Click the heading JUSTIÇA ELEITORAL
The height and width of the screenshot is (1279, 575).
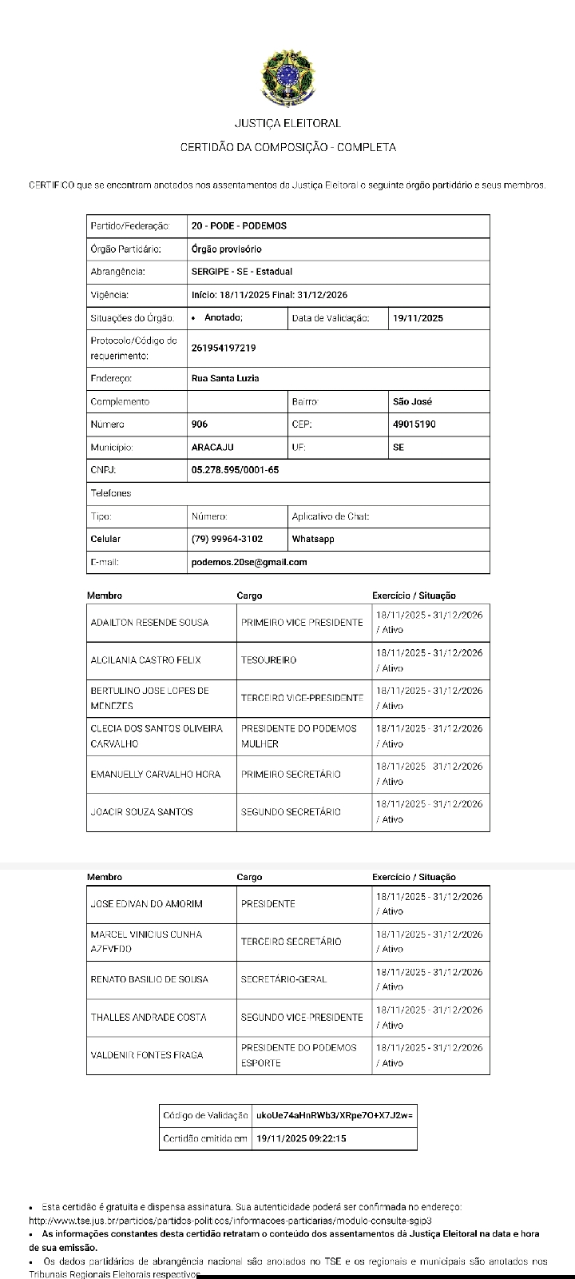[x=287, y=123]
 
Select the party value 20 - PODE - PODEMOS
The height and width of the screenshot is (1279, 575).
[x=239, y=226]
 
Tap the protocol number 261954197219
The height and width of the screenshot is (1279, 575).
[x=224, y=348]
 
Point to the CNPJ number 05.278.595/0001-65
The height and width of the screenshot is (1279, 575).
[x=235, y=470]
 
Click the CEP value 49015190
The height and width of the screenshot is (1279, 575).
[x=414, y=424]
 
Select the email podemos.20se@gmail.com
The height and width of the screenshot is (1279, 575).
[x=249, y=562]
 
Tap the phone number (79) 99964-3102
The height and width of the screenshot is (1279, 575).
[x=227, y=539]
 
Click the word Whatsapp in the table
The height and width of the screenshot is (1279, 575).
[x=313, y=539]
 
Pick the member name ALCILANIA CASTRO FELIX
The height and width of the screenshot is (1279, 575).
[x=145, y=660]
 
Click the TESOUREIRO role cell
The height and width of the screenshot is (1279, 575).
[x=268, y=660]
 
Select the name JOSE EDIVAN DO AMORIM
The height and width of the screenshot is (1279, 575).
[x=147, y=904]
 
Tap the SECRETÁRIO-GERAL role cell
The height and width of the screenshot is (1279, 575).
[x=284, y=979]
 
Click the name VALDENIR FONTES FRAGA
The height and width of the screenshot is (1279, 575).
[x=147, y=1055]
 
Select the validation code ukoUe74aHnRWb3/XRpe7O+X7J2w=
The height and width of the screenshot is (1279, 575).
[x=335, y=1115]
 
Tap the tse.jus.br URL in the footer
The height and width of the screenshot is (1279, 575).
[x=230, y=1221]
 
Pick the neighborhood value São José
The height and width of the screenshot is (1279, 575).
[x=413, y=401]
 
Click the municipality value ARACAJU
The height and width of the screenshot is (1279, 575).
[x=212, y=448]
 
